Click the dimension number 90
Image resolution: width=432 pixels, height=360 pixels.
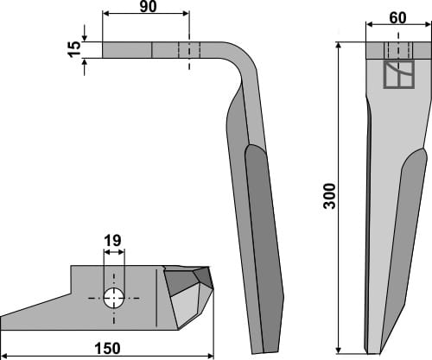coord(148,7)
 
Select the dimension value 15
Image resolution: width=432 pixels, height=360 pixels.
coord(74,49)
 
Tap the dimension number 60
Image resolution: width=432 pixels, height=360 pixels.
coord(397,18)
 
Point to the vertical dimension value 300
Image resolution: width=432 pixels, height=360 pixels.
coord(330,196)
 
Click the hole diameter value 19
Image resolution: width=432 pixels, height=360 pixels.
coord(112,241)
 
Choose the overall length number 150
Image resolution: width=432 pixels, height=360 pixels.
coord(108,349)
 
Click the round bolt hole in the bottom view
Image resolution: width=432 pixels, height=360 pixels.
coord(114,298)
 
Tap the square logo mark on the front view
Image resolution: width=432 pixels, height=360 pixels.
coord(399,74)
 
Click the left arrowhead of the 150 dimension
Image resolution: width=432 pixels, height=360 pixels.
coord(4,357)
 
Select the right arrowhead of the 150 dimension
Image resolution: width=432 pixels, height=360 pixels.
coord(210,357)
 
